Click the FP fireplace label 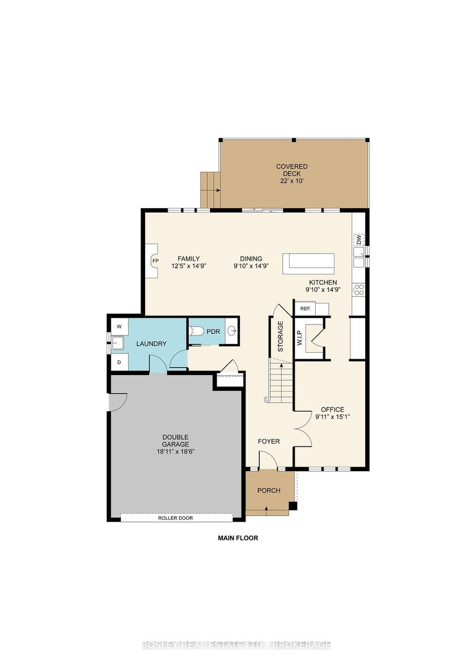tap(156, 261)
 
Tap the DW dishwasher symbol tap(358, 239)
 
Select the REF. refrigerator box tap(305, 308)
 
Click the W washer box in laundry tap(119, 326)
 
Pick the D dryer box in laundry tap(119, 362)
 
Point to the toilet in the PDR tap(197, 331)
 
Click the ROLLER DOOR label tap(175, 518)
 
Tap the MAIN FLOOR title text tap(238, 538)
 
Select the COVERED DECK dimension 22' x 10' tap(291, 181)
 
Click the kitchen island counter tap(308, 264)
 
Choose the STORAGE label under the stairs tap(281, 336)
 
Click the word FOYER tap(269, 441)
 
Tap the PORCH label tap(269, 491)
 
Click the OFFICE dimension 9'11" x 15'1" tap(332, 417)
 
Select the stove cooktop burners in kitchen tap(358, 289)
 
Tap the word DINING tap(251, 258)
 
